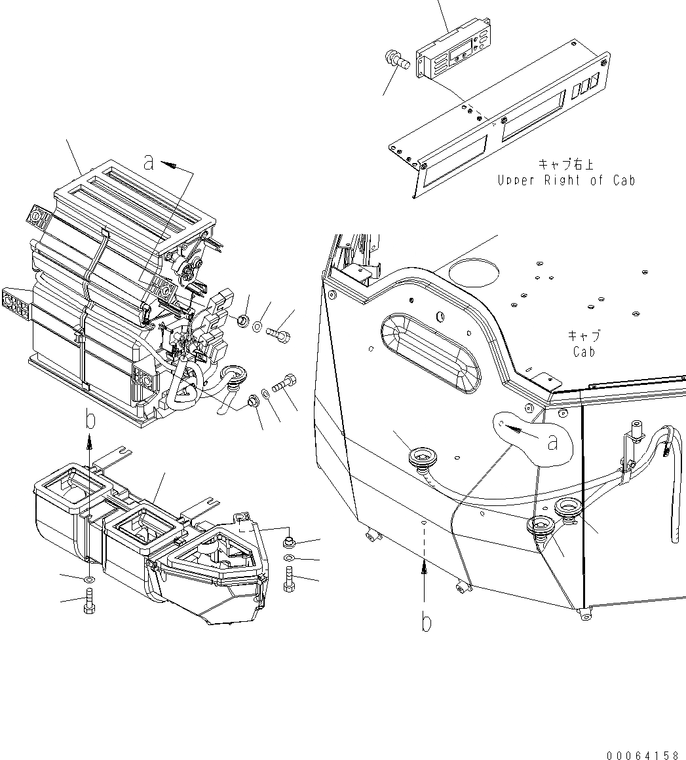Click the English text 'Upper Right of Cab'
pyautogui.click(x=565, y=180)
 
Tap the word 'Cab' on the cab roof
pyautogui.click(x=583, y=352)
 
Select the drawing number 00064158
pyautogui.click(x=643, y=755)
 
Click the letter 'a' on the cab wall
pyautogui.click(x=552, y=443)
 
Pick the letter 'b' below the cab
pyautogui.click(x=426, y=623)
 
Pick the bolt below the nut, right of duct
pyautogui.click(x=289, y=579)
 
